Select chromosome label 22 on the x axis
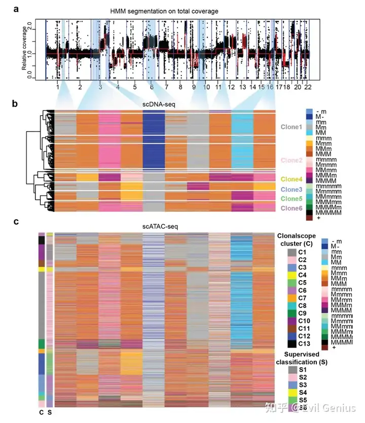coord(307,87)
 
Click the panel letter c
coord(16,221)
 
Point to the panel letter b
coord(16,104)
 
